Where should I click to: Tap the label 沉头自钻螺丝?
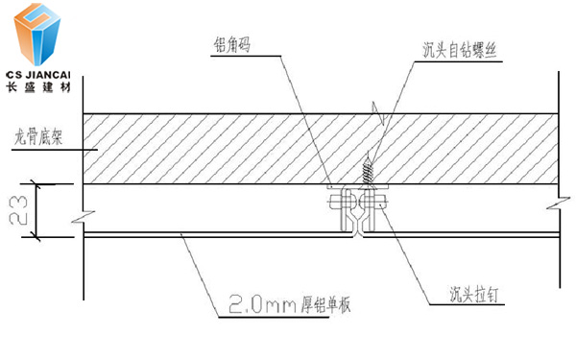coord(459,47)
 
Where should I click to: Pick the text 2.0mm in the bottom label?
coord(252,305)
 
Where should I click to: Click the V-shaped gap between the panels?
coord(358,228)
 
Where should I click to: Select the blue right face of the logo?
coord(54,36)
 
